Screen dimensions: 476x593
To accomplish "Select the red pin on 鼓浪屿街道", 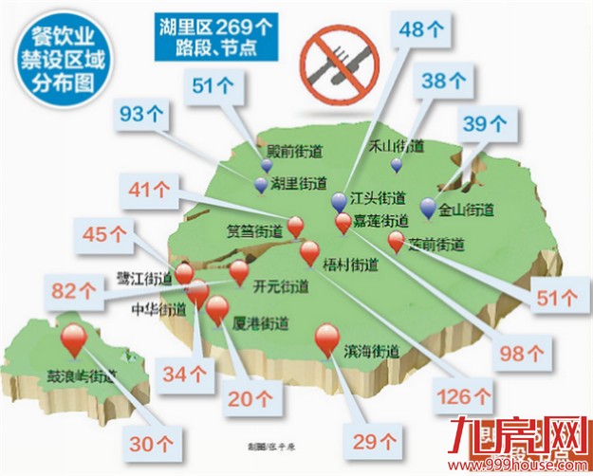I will [x=73, y=339].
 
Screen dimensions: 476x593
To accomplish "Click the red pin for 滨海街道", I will [x=327, y=339].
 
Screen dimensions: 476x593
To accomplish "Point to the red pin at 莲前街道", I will [x=397, y=241].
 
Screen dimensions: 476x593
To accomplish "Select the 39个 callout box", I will [x=486, y=122].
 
